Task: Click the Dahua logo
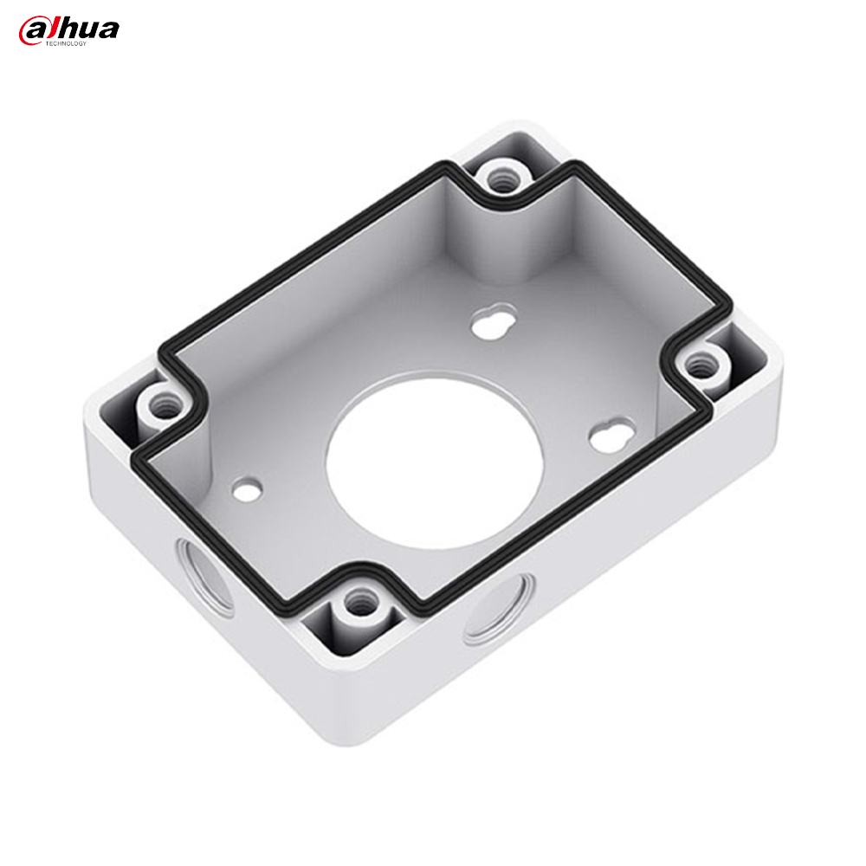click(68, 31)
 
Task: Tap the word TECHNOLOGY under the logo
click(66, 43)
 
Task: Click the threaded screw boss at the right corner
click(699, 365)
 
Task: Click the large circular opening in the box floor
click(434, 462)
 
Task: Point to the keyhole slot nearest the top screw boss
click(494, 320)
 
